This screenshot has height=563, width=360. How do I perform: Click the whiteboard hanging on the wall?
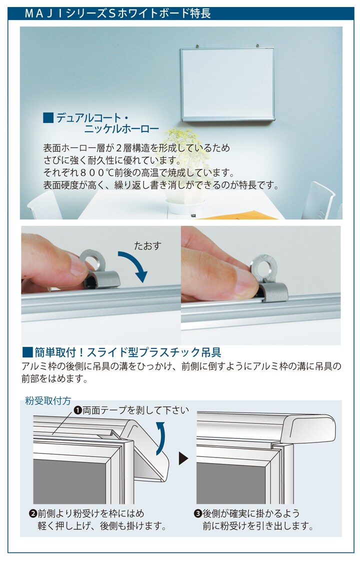click(228, 84)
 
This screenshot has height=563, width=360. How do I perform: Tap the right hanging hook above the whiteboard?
click(257, 45)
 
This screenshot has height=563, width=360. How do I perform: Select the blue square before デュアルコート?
click(48, 118)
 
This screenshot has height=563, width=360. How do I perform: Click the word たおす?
click(147, 246)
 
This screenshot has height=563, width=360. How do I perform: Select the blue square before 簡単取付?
click(27, 352)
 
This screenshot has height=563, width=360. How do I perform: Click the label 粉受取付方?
click(48, 400)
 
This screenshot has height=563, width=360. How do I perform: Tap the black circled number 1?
click(77, 410)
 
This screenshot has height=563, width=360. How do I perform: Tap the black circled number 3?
click(198, 513)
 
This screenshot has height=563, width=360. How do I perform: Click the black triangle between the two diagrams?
click(183, 458)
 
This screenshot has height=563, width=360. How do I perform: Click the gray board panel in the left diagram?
click(69, 481)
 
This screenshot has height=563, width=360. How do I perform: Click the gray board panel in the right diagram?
click(231, 483)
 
